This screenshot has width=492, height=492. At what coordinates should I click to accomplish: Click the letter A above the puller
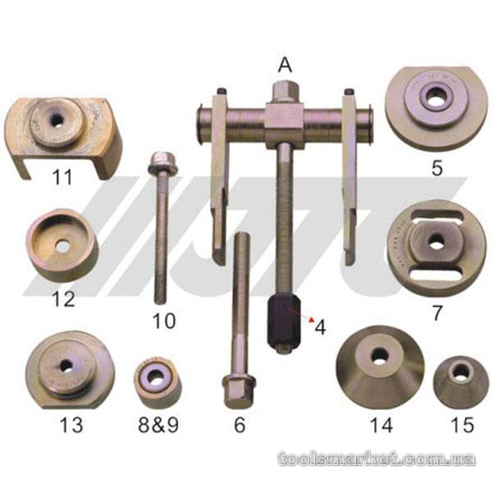(285, 66)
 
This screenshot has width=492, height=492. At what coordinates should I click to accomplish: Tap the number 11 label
(62, 176)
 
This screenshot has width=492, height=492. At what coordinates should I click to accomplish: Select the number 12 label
(64, 298)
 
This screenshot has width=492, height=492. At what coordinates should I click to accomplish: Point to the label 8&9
(158, 425)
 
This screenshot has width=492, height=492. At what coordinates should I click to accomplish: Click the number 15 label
(462, 425)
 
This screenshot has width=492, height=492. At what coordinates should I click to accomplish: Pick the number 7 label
(437, 313)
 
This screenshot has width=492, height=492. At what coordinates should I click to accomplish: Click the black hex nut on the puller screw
(285, 324)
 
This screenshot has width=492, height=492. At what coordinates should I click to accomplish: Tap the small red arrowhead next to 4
(312, 320)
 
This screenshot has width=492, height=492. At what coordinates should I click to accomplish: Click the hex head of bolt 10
(162, 163)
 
